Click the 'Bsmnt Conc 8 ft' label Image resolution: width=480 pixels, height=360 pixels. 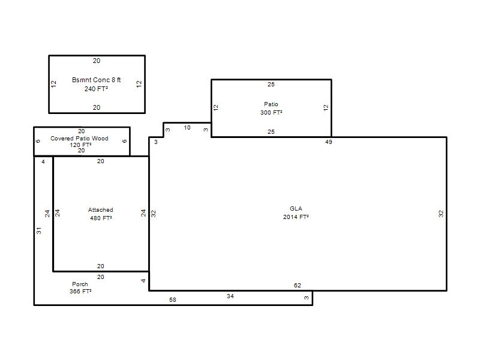(x=97, y=80)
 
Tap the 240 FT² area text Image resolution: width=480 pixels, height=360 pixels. (x=96, y=89)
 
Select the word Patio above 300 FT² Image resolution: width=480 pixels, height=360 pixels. (x=271, y=104)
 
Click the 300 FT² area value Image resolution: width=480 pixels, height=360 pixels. (x=271, y=112)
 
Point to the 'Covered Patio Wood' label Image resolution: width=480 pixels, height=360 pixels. (x=79, y=139)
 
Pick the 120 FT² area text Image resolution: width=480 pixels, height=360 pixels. (x=81, y=145)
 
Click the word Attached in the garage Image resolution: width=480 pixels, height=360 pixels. (x=101, y=209)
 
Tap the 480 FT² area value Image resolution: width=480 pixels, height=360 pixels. (x=101, y=218)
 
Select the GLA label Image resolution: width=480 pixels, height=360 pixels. (x=296, y=208)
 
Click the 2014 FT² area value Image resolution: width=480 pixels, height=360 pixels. (x=296, y=217)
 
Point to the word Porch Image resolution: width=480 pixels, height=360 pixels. (x=80, y=284)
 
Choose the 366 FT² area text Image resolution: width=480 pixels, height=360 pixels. (x=80, y=291)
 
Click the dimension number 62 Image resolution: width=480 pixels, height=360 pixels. (x=297, y=286)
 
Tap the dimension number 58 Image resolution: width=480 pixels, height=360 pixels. (x=173, y=299)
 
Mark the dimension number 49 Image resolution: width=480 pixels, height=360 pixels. (x=328, y=142)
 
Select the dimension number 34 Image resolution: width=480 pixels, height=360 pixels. (x=230, y=296)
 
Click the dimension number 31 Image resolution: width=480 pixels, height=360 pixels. (x=38, y=230)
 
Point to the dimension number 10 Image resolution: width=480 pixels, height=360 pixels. (x=187, y=127)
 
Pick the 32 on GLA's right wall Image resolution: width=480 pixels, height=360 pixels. (x=441, y=214)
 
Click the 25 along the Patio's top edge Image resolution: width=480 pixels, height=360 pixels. (x=271, y=84)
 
